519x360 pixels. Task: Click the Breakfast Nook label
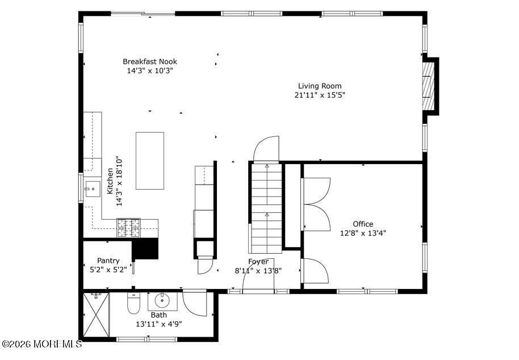(150, 61)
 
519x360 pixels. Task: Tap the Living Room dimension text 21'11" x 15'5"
(320, 95)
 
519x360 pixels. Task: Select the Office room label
(363, 224)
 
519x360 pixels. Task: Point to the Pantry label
(108, 261)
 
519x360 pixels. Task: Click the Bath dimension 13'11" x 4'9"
(159, 324)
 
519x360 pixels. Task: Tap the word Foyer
(258, 262)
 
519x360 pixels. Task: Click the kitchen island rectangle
(150, 161)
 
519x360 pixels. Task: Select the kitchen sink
(93, 189)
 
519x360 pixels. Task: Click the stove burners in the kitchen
(128, 228)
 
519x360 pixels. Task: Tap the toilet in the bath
(133, 304)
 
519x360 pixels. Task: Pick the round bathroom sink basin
(162, 301)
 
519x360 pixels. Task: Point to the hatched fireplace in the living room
(428, 86)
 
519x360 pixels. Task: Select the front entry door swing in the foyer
(258, 275)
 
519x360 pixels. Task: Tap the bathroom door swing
(194, 303)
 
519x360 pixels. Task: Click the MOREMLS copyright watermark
(41, 344)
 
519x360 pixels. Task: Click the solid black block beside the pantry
(145, 249)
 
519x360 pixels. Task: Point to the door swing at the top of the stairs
(266, 149)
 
